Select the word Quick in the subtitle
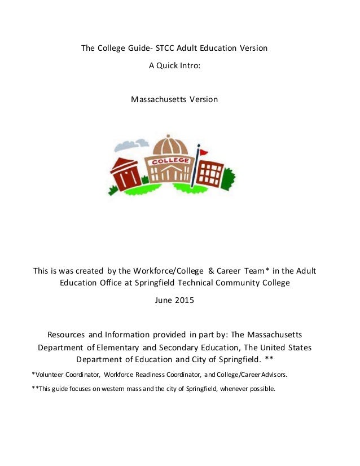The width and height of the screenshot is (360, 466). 169,65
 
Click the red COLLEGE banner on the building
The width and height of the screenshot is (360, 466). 168,161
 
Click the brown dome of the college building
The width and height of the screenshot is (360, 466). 168,145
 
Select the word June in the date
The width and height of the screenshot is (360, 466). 163,300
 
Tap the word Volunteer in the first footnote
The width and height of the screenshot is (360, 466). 53,375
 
